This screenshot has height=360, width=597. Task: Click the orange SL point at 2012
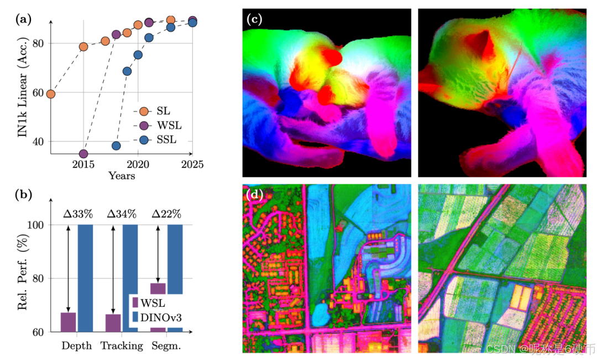[x=50, y=94]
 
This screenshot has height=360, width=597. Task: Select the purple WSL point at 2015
[x=83, y=154]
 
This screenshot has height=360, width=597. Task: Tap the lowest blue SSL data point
[x=116, y=146]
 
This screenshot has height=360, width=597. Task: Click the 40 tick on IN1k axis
[x=38, y=142]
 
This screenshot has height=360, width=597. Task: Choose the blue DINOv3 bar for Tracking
[x=130, y=276]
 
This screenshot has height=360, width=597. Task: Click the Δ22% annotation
[x=166, y=214]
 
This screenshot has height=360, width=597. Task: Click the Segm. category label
[x=167, y=346]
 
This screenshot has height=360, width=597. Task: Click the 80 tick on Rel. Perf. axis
[x=38, y=279]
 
